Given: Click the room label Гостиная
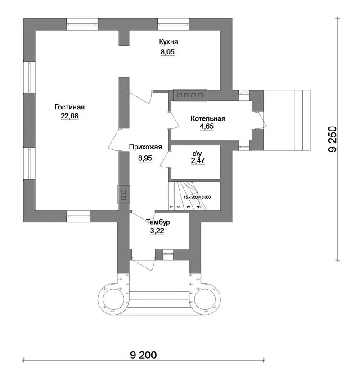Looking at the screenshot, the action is click(70, 107).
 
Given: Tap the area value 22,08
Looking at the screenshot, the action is click(70, 116).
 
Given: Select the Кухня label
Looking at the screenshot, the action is click(168, 42).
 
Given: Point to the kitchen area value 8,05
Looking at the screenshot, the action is click(168, 52).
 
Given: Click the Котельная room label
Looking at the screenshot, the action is click(208, 118).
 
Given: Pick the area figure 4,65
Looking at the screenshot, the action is click(207, 127).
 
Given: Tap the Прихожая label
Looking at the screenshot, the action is click(145, 147).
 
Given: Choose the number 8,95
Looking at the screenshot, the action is click(145, 158).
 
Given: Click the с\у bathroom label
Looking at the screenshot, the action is click(197, 154).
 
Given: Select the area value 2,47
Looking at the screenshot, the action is click(198, 160).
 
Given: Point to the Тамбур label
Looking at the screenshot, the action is click(158, 222).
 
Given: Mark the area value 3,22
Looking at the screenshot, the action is click(157, 231).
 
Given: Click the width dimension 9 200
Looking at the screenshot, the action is click(143, 355).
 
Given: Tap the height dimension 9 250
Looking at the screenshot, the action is click(333, 139).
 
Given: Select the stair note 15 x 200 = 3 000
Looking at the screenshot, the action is click(197, 197).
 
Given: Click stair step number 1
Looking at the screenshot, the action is click(171, 207).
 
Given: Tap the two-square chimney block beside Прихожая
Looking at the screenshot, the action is click(124, 195).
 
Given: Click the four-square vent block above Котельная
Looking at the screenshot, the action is click(190, 95).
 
